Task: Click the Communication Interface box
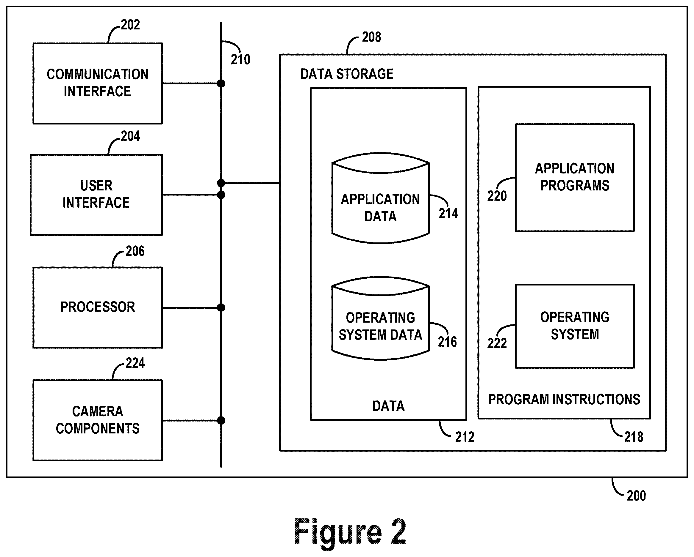click(x=98, y=83)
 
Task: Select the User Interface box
click(x=96, y=195)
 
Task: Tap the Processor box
click(x=98, y=307)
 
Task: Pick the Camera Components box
click(x=98, y=420)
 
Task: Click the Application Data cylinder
click(x=380, y=198)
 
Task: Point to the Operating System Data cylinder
click(x=380, y=318)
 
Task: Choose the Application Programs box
click(x=575, y=177)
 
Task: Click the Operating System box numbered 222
click(x=575, y=326)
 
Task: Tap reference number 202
click(x=130, y=25)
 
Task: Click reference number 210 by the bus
click(x=240, y=59)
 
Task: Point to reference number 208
click(x=371, y=37)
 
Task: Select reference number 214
click(x=448, y=213)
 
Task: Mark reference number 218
click(x=634, y=437)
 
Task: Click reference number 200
click(x=636, y=496)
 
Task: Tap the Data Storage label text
click(x=347, y=74)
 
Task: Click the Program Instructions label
click(x=564, y=399)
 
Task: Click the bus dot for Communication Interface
click(x=221, y=83)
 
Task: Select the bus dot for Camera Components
click(x=221, y=420)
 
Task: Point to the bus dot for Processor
click(x=221, y=307)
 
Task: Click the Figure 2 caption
click(x=350, y=532)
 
